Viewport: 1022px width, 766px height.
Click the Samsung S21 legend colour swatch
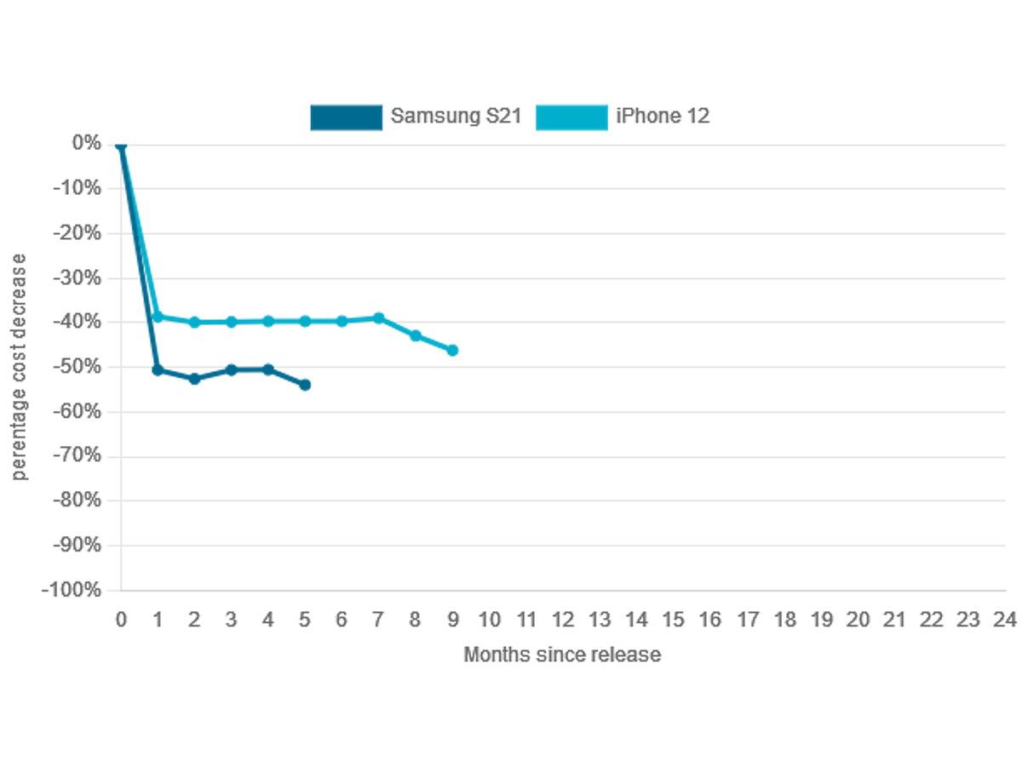pyautogui.click(x=346, y=117)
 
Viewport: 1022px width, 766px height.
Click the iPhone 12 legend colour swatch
pyautogui.click(x=571, y=117)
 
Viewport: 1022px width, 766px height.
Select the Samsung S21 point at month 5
pyautogui.click(x=305, y=385)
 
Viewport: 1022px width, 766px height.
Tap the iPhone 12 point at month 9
pyautogui.click(x=452, y=350)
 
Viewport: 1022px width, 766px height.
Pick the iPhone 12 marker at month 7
pyautogui.click(x=379, y=317)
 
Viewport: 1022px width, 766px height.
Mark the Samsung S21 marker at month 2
pyautogui.click(x=194, y=379)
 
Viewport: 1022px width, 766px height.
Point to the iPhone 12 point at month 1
pyautogui.click(x=158, y=317)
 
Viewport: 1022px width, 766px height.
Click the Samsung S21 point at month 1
pyautogui.click(x=158, y=370)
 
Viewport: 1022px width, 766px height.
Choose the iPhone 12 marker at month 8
pyautogui.click(x=416, y=335)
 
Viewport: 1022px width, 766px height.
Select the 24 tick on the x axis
pyautogui.click(x=1005, y=620)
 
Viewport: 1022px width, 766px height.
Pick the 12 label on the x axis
pyautogui.click(x=563, y=620)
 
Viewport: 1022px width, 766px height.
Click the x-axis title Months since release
pyautogui.click(x=562, y=655)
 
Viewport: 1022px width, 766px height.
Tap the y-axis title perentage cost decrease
pyautogui.click(x=20, y=366)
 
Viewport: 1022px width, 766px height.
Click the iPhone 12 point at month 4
pyautogui.click(x=268, y=321)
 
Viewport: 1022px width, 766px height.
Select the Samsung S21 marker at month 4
pyautogui.click(x=268, y=369)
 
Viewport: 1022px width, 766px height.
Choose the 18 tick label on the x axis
pyautogui.click(x=784, y=620)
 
